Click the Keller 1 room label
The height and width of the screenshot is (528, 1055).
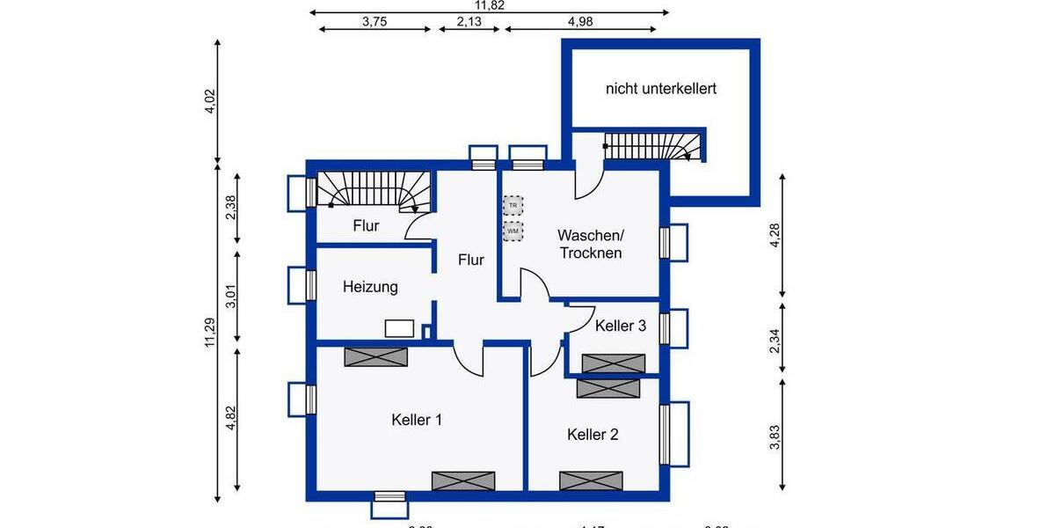(x=417, y=420)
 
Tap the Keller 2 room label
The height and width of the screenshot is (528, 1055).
(x=593, y=434)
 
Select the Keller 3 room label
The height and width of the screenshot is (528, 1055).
(x=621, y=326)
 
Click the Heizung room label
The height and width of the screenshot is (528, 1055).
(x=370, y=287)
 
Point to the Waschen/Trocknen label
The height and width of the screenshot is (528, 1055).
(x=590, y=244)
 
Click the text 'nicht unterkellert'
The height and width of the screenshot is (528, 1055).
(x=661, y=89)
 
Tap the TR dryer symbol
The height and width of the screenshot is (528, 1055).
(x=513, y=205)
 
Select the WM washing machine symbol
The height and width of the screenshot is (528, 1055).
(x=513, y=231)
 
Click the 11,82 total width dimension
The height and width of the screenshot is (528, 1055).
(x=490, y=5)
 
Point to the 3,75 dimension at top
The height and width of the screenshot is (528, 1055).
(x=375, y=23)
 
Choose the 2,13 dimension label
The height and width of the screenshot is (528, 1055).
(x=469, y=23)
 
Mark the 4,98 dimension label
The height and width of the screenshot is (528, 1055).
(x=579, y=23)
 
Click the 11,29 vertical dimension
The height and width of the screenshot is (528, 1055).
(x=209, y=332)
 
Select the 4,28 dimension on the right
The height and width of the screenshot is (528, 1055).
(x=775, y=236)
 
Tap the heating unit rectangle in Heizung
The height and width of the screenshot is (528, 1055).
(x=400, y=328)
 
